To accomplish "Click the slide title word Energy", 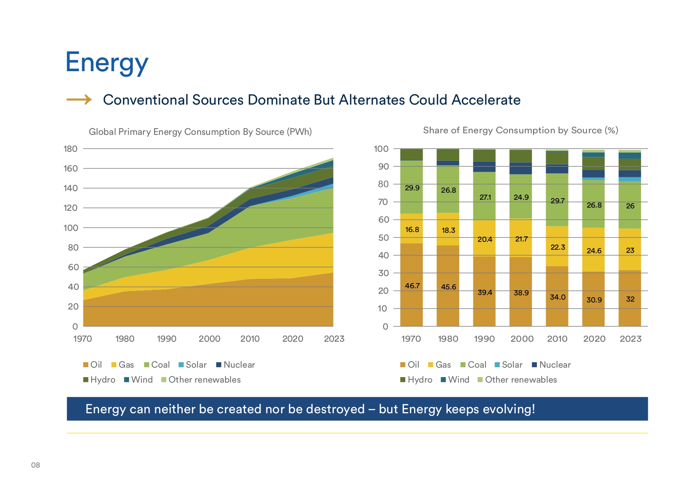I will click(x=106, y=63).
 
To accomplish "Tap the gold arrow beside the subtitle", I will click(x=79, y=99).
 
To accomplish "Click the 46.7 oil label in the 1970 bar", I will click(x=412, y=286).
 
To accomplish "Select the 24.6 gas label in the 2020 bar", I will click(x=594, y=251).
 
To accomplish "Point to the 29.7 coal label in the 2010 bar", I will click(x=557, y=201).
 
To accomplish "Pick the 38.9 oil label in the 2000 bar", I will click(x=521, y=293).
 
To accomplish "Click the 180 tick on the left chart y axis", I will click(x=71, y=149).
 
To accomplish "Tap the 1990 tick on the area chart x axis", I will click(x=167, y=339).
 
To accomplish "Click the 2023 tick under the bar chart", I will click(x=630, y=339).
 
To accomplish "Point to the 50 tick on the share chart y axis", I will click(x=383, y=238).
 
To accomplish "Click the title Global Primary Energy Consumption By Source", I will click(x=200, y=132).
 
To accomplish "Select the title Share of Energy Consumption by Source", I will click(x=520, y=130).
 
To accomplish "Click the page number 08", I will click(x=36, y=465).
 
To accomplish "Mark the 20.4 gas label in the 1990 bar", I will click(x=485, y=239).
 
